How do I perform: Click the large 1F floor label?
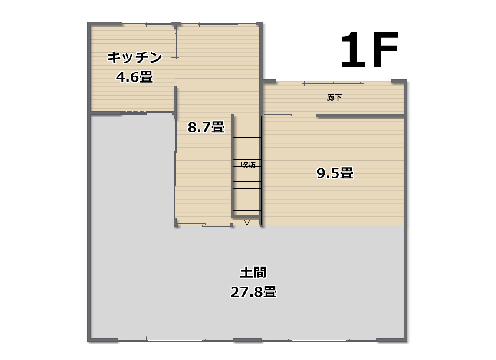pyautogui.click(x=369, y=50)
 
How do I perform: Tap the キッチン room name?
pyautogui.click(x=135, y=58)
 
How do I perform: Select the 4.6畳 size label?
pyautogui.click(x=135, y=77)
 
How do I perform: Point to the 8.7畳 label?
pyautogui.click(x=206, y=127)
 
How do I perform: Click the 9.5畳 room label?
pyautogui.click(x=335, y=173)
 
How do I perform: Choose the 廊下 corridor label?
pyautogui.click(x=335, y=98)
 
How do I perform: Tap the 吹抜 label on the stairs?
pyautogui.click(x=248, y=165)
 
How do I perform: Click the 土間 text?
pyautogui.click(x=253, y=273)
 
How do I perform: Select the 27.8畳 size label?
pyautogui.click(x=253, y=292)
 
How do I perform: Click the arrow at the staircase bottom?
pyautogui.click(x=247, y=221)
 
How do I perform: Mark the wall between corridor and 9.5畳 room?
pyautogui.click(x=360, y=116)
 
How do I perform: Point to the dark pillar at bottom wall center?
pyautogui.click(x=247, y=340)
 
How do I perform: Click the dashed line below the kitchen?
pyautogui.click(x=133, y=112)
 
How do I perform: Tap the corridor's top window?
pyautogui.click(x=333, y=83)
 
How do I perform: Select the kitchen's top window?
pyautogui.click(x=147, y=23)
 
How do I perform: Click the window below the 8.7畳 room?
pyautogui.click(x=204, y=225)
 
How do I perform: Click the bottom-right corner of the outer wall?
pyautogui.click(x=406, y=340)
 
